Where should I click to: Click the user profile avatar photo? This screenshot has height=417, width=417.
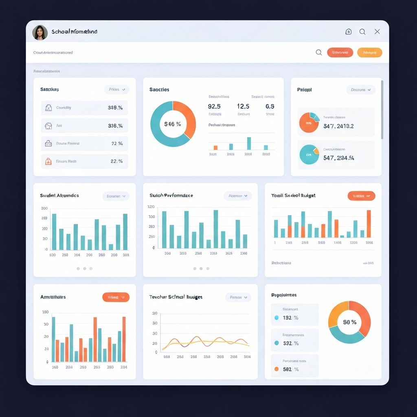click(x=40, y=33)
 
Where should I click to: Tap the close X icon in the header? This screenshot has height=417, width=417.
click(x=377, y=32)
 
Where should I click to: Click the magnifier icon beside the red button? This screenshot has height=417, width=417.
click(x=319, y=53)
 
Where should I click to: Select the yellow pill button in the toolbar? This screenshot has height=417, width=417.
click(x=369, y=53)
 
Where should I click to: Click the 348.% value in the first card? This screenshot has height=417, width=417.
click(x=115, y=108)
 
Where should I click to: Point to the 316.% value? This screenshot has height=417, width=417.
click(x=115, y=126)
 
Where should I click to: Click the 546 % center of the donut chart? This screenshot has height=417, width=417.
click(x=173, y=124)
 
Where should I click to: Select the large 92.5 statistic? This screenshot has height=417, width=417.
click(x=214, y=106)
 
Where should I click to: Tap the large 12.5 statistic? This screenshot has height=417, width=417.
click(x=243, y=106)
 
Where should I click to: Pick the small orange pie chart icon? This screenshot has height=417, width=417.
click(x=309, y=123)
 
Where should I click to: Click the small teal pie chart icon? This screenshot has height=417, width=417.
click(x=309, y=155)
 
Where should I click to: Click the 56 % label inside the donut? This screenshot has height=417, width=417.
click(x=349, y=322)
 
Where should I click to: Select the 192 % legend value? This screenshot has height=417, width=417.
click(x=291, y=318)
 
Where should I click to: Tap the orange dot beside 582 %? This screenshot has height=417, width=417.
click(x=277, y=369)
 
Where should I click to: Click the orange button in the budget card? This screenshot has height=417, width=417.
click(x=361, y=196)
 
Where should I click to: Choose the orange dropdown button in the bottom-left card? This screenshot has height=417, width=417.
click(x=116, y=297)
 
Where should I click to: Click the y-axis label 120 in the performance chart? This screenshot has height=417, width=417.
click(x=151, y=207)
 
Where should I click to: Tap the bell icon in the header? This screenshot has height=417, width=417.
click(x=349, y=32)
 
